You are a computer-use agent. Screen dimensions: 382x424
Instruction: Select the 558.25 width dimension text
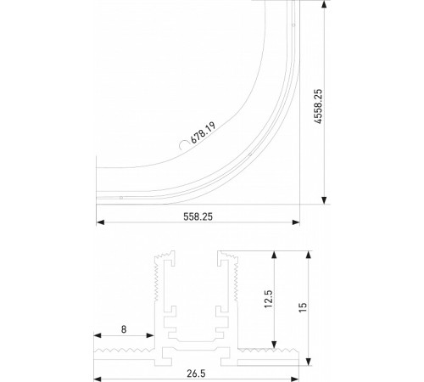pyautogui.click(x=198, y=216)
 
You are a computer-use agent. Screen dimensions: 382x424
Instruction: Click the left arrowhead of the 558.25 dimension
pyautogui.click(x=100, y=223)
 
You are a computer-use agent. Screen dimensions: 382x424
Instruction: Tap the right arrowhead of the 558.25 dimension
pyautogui.click(x=296, y=223)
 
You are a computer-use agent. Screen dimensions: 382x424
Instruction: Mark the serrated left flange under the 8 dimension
pyautogui.click(x=124, y=349)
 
